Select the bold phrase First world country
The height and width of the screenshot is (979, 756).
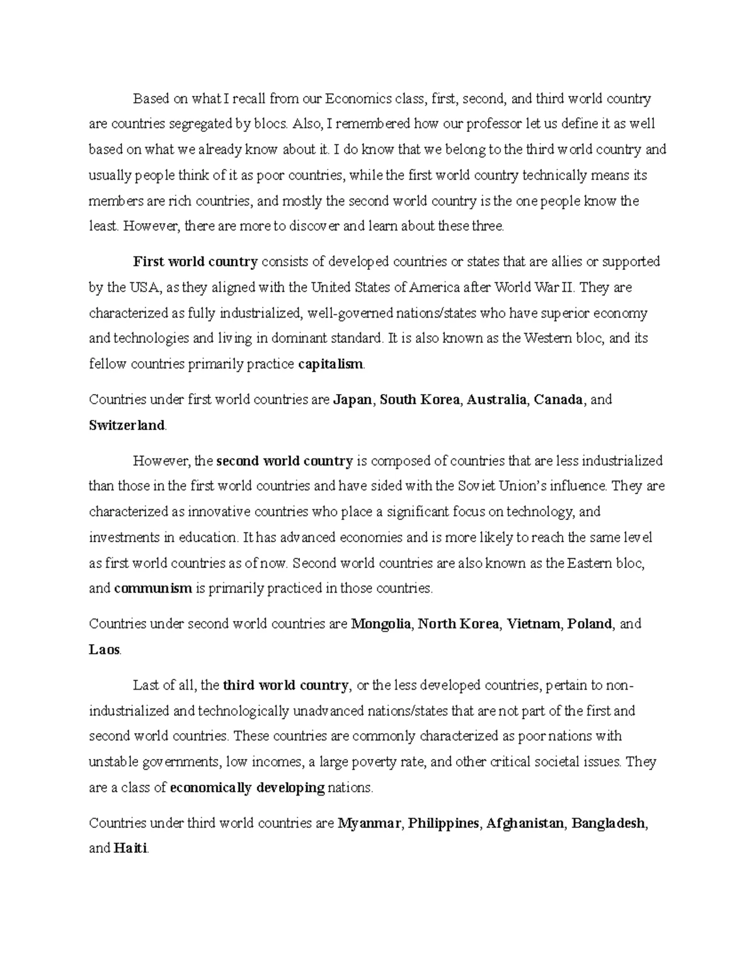[x=195, y=262]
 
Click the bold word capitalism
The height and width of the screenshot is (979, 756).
[x=331, y=364]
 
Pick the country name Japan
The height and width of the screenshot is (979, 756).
[x=352, y=400]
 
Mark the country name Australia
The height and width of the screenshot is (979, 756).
[x=496, y=400]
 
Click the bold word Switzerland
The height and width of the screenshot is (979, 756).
[x=127, y=425]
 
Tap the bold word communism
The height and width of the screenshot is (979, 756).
[x=153, y=588]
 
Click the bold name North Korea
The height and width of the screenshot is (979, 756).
[x=458, y=624]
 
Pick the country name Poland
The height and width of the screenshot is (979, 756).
[x=590, y=624]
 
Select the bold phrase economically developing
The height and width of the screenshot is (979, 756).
[x=248, y=787]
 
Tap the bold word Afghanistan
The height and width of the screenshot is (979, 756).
[x=525, y=823]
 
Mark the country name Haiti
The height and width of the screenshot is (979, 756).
[x=130, y=849]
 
